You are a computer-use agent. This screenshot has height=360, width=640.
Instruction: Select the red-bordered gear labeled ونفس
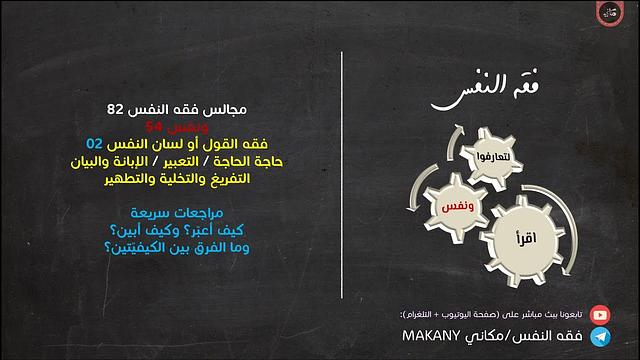[454, 205]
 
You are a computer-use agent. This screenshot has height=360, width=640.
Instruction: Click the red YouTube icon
[599, 314]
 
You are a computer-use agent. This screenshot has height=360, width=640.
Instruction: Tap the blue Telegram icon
[599, 338]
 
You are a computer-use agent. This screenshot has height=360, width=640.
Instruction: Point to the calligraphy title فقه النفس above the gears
[479, 94]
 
